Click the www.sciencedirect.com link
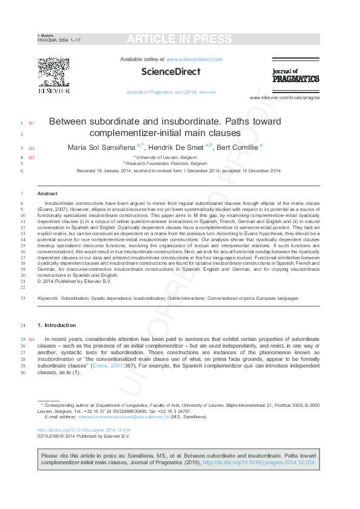[194, 59]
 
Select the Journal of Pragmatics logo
[295, 75]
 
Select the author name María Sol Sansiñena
[102, 147]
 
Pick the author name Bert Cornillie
[237, 147]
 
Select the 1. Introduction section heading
[57, 325]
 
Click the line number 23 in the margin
[22, 298]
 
